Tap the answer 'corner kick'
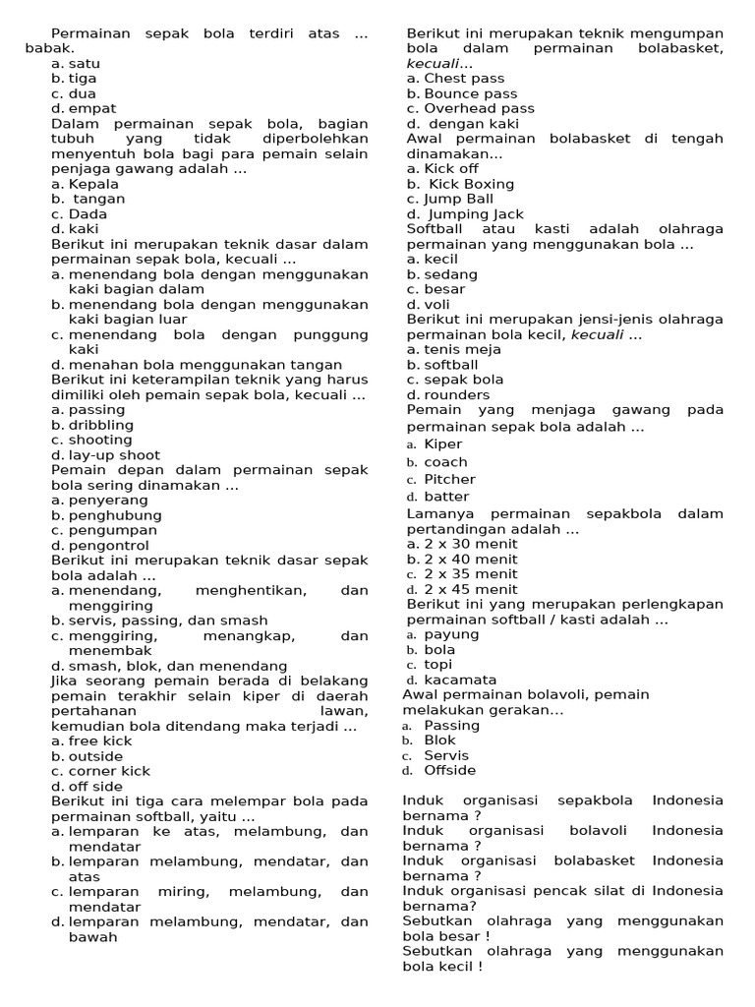coord(109,771)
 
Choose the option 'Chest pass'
coord(464,79)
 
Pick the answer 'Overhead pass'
coord(480,109)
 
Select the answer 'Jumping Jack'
coord(474,214)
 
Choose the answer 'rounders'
coord(456,394)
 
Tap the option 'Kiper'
coord(443,444)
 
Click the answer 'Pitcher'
coord(449,480)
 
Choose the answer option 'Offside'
coord(450,770)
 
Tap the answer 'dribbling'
coord(102,425)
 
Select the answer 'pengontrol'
coord(109,546)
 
